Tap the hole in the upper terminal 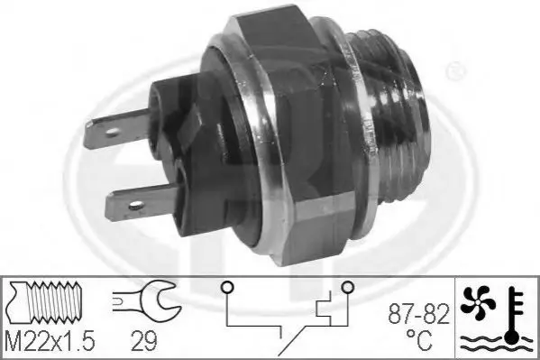pyautogui.click(x=113, y=132)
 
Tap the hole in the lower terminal pyautogui.click(x=136, y=206)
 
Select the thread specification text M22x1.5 pyautogui.click(x=50, y=341)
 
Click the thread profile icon pyautogui.click(x=45, y=302)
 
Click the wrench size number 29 pyautogui.click(x=144, y=341)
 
